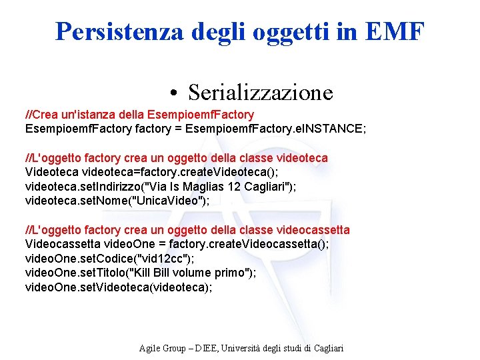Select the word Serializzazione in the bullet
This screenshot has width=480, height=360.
260,92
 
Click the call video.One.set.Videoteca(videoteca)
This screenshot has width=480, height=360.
119,286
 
